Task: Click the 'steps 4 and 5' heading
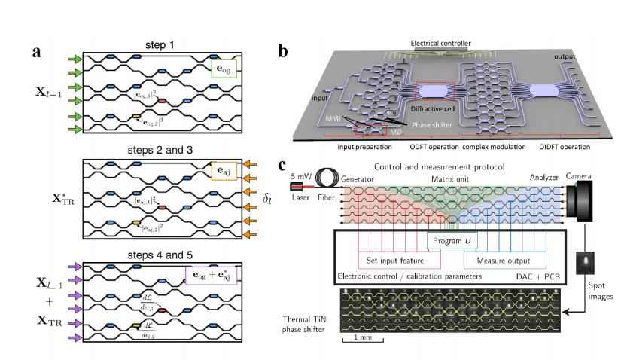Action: (158, 252)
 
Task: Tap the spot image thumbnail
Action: (580, 265)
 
